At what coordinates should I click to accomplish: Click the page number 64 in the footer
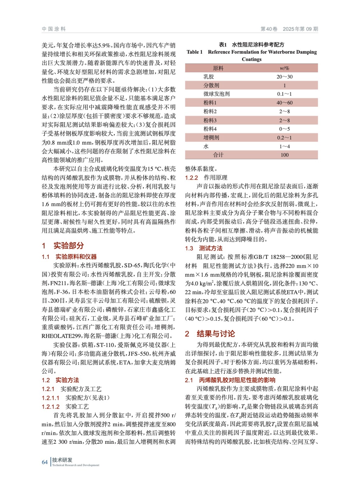(45, 462)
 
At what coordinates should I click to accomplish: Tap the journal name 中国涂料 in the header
(54, 29)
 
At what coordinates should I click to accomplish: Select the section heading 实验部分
(69, 246)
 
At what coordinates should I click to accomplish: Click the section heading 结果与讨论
(216, 334)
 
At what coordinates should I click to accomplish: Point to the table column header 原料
(218, 68)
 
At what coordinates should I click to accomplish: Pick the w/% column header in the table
(284, 68)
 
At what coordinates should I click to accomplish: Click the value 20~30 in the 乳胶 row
(284, 77)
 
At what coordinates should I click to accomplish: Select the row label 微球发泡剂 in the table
(216, 94)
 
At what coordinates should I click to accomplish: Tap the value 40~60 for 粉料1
(284, 103)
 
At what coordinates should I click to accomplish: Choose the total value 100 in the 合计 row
(284, 155)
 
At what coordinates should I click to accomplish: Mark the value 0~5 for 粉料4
(284, 129)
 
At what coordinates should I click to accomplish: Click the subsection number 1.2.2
(191, 178)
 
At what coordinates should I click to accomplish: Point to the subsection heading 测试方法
(210, 248)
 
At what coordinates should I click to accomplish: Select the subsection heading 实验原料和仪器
(76, 257)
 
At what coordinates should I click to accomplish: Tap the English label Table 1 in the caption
(194, 52)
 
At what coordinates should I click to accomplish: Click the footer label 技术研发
(62, 460)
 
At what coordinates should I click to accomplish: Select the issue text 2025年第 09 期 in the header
(300, 29)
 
